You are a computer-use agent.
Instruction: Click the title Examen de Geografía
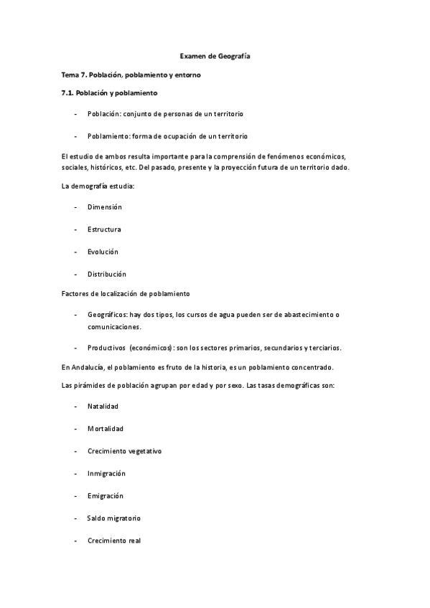click(x=215, y=55)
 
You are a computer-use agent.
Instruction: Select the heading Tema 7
click(x=74, y=75)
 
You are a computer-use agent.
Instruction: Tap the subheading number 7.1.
click(x=70, y=93)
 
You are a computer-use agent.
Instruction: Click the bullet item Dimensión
click(x=105, y=207)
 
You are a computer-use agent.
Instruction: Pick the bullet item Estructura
click(x=104, y=229)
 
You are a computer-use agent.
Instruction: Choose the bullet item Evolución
click(x=103, y=252)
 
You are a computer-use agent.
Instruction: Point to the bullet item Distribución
click(x=106, y=274)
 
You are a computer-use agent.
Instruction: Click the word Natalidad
click(x=103, y=407)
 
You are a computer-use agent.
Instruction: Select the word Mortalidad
click(x=106, y=429)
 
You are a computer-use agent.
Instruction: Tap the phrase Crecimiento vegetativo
click(x=124, y=451)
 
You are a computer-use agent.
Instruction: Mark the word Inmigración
click(x=106, y=473)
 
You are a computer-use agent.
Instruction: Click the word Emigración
click(x=106, y=495)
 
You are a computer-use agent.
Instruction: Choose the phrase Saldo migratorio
click(x=113, y=518)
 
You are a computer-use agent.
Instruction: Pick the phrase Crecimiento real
click(x=113, y=541)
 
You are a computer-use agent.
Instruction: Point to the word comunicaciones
click(x=114, y=326)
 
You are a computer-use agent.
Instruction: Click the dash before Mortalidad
click(x=76, y=429)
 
